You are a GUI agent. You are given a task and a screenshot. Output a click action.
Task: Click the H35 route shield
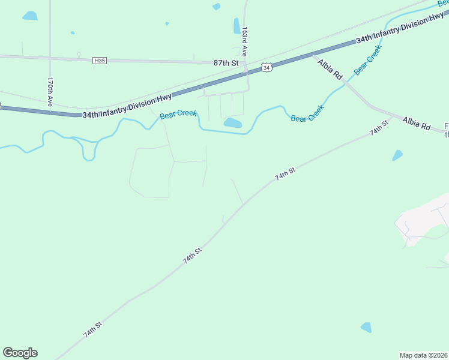coord(100,61)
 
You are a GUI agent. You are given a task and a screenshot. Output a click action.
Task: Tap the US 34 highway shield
coord(267,68)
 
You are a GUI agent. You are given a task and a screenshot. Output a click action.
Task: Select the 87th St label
coord(226,62)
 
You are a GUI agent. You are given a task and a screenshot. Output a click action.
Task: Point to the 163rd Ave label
coord(245,42)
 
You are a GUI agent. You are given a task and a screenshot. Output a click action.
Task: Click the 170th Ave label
coord(51,92)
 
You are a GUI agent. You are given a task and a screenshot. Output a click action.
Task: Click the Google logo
coord(20,353)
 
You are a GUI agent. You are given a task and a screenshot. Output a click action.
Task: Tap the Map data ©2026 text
coord(424,355)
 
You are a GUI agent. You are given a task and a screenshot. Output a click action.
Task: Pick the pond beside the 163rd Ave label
coord(237,26)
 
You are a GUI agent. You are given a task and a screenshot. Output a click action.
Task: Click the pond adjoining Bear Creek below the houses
coord(232,123)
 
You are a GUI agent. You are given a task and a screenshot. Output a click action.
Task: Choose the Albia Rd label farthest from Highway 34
coord(417,123)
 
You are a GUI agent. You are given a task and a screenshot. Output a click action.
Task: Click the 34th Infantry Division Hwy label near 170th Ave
coord(127,105)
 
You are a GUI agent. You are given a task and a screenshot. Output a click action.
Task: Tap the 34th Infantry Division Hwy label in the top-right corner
coord(400,29)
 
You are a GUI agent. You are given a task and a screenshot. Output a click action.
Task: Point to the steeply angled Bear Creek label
coord(367,62)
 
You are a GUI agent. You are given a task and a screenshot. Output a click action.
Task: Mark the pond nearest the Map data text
coord(366,327)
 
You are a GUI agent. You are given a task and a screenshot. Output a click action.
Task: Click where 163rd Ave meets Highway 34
coord(246,73)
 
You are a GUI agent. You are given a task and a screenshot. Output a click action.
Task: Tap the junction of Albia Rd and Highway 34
coord(313,55)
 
